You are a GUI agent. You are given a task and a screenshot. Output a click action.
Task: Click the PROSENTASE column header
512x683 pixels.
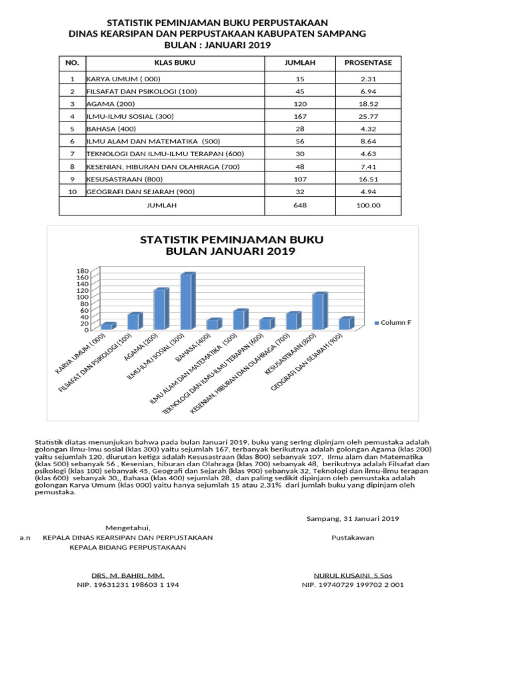[368, 63]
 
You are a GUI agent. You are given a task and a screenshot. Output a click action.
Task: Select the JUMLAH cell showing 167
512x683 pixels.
[300, 117]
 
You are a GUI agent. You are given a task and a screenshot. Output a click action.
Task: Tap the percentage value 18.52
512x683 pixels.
[368, 104]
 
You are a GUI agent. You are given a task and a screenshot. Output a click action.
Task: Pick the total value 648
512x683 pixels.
[300, 205]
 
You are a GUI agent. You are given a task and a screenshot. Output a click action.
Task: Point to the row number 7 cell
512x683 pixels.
[72, 154]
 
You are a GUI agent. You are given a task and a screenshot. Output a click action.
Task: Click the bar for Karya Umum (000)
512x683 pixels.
[107, 326]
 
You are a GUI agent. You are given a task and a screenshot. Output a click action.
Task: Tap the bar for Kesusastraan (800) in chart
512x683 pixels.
[319, 311]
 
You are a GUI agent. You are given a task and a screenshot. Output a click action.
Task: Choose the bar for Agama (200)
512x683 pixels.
[160, 309]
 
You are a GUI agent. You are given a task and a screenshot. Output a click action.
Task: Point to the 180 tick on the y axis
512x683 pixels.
[82, 271]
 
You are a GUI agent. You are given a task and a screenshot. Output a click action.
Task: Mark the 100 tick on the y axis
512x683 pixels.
[82, 297]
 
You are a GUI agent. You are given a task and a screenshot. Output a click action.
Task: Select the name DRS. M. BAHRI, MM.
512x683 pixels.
[128, 575]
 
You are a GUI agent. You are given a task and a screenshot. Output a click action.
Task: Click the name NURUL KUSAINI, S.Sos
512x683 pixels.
[352, 575]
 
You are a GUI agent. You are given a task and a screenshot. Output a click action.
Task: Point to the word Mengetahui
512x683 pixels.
[128, 528]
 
